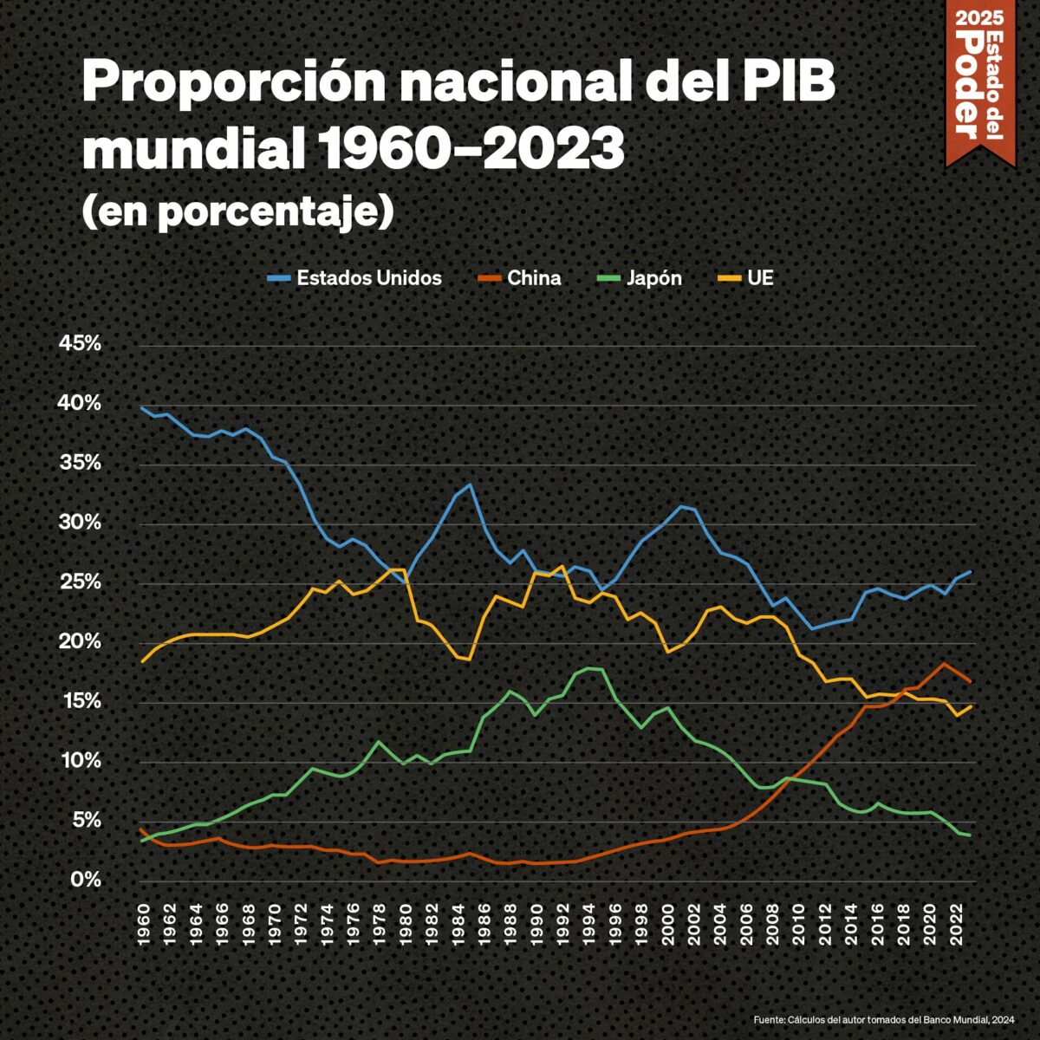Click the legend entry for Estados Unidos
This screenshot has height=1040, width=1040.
point(355,278)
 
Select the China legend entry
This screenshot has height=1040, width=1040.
point(520,278)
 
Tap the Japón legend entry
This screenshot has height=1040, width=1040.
point(640,278)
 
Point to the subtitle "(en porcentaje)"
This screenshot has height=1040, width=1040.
point(237,211)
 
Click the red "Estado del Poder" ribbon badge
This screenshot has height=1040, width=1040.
point(979,78)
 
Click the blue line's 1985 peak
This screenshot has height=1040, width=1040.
point(470,484)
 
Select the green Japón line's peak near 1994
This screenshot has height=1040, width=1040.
point(589,668)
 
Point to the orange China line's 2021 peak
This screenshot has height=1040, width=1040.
point(944,664)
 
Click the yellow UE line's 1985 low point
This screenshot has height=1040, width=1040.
point(470,660)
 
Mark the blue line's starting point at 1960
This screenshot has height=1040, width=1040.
point(142,407)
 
